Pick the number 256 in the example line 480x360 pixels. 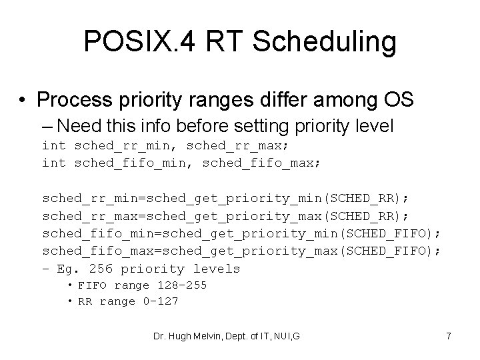(101, 269)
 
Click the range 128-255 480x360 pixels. (182, 285)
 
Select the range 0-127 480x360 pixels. (161, 301)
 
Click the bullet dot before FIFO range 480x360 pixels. (69, 285)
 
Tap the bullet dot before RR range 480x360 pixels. (69, 301)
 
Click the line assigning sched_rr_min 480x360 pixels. (227, 199)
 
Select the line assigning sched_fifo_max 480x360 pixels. (241, 251)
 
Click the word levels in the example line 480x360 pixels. (217, 269)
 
